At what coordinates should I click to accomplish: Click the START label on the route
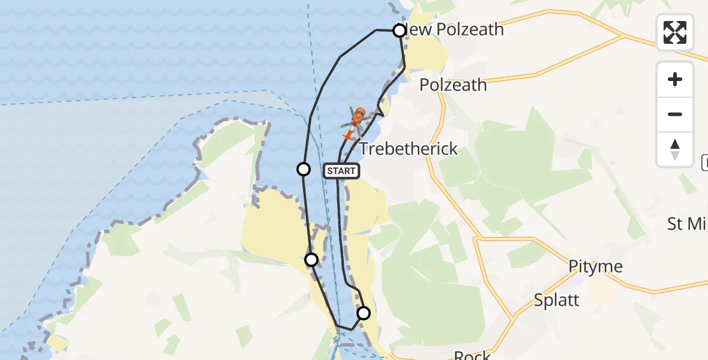pos(341,171)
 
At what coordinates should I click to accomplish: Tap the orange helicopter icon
pos(353,125)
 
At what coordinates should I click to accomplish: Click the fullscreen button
pos(675,32)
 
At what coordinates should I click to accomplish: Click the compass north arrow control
pos(675,149)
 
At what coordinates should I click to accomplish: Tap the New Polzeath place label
pos(455,29)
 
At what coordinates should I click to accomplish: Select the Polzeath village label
pos(453,85)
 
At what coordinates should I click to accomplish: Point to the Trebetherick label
pos(409,149)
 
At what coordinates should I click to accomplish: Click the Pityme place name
pos(596,267)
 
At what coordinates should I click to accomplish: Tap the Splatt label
pos(556,300)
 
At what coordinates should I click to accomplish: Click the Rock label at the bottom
pos(472,355)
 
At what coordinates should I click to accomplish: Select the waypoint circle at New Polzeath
pos(400,30)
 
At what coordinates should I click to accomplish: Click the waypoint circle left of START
pos(304,169)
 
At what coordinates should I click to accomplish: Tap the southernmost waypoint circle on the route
pos(364,313)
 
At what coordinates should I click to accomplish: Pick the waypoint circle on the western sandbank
pos(311,259)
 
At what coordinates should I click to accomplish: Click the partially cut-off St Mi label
pos(687,224)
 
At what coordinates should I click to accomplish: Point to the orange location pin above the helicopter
pos(360,113)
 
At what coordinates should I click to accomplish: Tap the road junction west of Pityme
pos(475,239)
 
